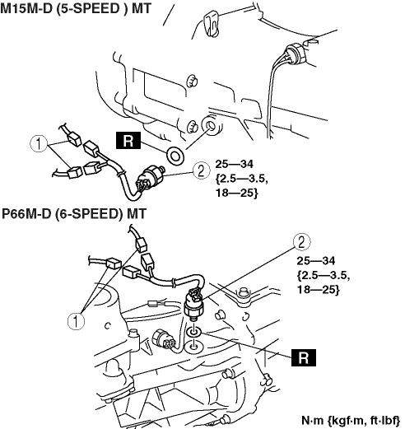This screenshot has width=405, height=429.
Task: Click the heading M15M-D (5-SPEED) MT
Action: tap(76, 8)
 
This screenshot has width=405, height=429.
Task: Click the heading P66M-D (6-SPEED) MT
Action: tap(74, 213)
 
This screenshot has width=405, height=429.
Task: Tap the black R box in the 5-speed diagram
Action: tap(128, 141)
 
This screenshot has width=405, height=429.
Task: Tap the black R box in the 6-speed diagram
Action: tap(304, 357)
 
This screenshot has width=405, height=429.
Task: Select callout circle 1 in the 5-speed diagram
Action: tap(39, 143)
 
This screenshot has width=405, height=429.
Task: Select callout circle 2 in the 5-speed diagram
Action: tap(201, 170)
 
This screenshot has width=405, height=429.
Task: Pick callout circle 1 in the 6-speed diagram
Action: tap(76, 321)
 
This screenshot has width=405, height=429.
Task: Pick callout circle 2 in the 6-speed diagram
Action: tap(302, 242)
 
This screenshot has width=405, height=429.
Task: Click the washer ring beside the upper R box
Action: tap(175, 156)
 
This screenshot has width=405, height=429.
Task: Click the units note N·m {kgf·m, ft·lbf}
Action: tap(351, 421)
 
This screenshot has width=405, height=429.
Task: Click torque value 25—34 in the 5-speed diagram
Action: tap(234, 164)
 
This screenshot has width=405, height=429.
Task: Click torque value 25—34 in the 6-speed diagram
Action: tap(316, 261)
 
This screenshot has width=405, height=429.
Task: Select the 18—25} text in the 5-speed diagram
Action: tap(236, 193)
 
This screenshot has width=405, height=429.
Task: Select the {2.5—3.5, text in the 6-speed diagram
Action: tap(324, 275)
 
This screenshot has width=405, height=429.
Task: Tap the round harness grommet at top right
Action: tap(294, 53)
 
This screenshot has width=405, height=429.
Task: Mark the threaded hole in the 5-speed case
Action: tap(211, 125)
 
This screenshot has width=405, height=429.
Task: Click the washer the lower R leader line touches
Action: tap(194, 333)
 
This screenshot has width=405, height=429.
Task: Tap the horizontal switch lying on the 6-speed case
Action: tap(163, 339)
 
